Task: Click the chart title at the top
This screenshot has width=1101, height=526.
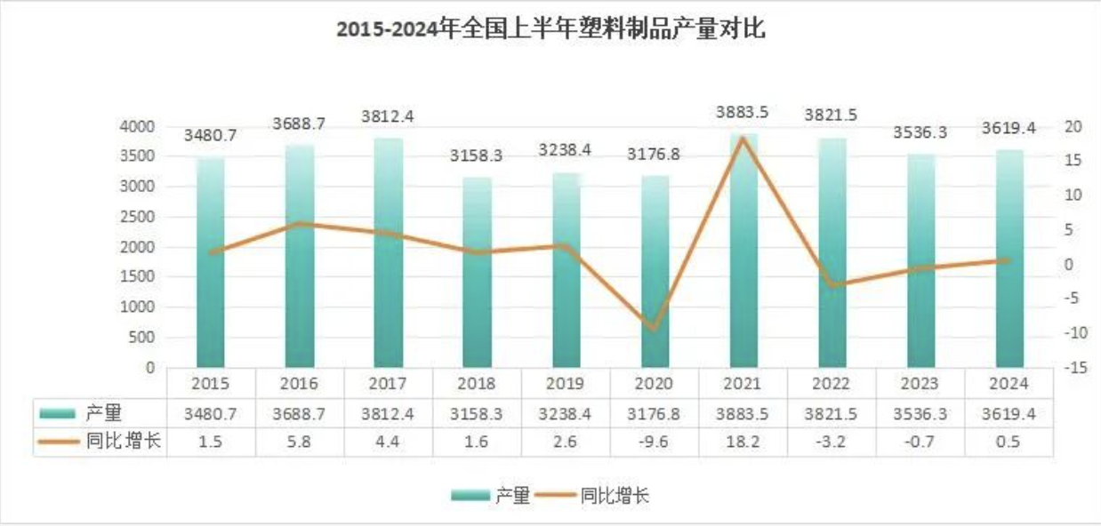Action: pos(550,29)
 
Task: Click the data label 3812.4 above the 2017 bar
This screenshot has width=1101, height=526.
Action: pos(388,116)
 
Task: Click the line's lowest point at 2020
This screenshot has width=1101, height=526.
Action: pos(655,329)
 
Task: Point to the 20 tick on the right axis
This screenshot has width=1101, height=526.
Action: pos(1073,127)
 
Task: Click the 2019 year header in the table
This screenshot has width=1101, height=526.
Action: pos(566,384)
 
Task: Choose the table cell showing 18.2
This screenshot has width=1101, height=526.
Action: pos(743,442)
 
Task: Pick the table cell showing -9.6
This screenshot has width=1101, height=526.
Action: pos(655,442)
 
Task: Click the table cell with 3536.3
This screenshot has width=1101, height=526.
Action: pos(920,413)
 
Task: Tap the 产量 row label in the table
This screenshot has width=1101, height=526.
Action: pos(104,412)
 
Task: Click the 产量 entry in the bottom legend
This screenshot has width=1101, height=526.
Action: pos(512,496)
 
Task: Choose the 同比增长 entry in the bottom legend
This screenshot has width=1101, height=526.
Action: pos(614,496)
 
